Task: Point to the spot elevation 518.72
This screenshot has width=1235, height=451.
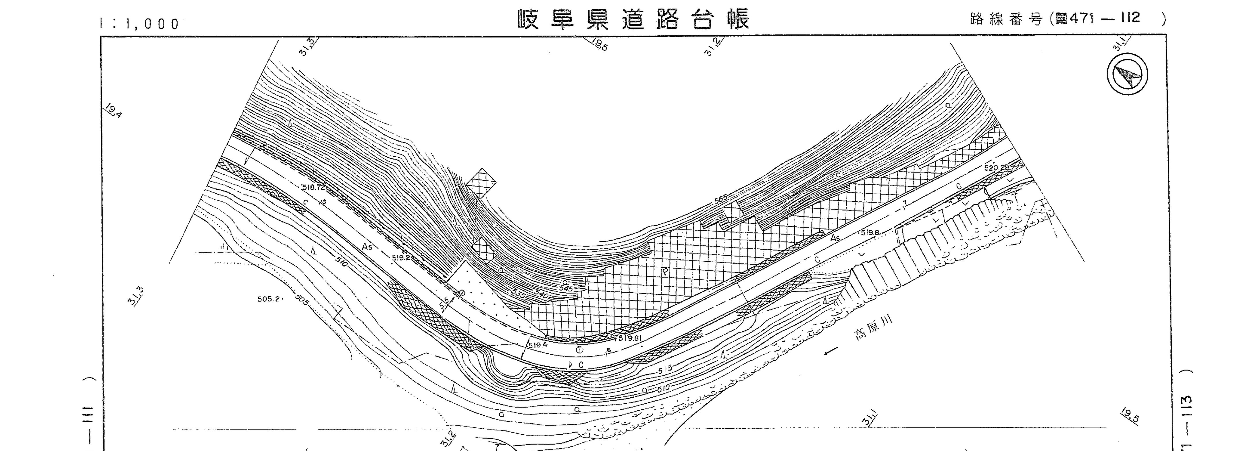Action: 314,187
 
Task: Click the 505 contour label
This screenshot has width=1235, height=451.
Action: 302,301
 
